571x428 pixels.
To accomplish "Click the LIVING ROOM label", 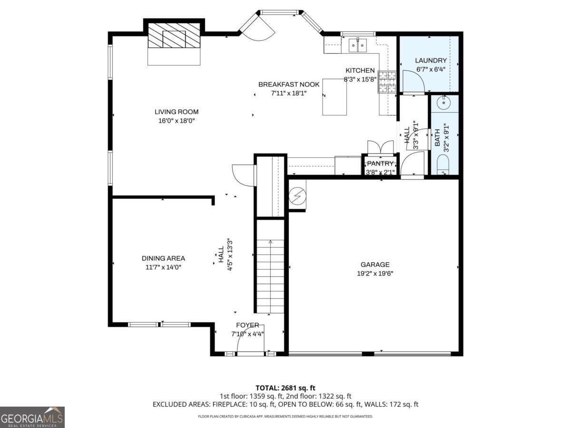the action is [177, 112].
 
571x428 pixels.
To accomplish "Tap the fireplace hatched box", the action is [174, 35].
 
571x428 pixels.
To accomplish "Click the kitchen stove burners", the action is [387, 82].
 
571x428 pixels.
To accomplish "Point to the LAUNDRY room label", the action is [431, 60].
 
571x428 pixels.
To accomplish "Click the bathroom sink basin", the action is [443, 103].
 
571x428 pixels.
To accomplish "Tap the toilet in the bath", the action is [443, 165].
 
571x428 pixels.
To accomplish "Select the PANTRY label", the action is [380, 164].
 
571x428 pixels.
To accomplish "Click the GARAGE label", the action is [375, 264].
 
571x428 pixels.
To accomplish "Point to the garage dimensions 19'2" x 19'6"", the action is [375, 273].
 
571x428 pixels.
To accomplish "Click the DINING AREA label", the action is [163, 258].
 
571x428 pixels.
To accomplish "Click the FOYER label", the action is [247, 325].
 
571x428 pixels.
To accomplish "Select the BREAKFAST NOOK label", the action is [289, 85].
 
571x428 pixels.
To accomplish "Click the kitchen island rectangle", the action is [335, 97].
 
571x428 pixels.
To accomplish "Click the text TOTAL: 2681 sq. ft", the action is [285, 388].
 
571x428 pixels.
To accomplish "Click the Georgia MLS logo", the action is [32, 417].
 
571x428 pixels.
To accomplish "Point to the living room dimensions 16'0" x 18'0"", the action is [177, 121].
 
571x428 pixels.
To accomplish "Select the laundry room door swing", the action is [413, 81].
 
